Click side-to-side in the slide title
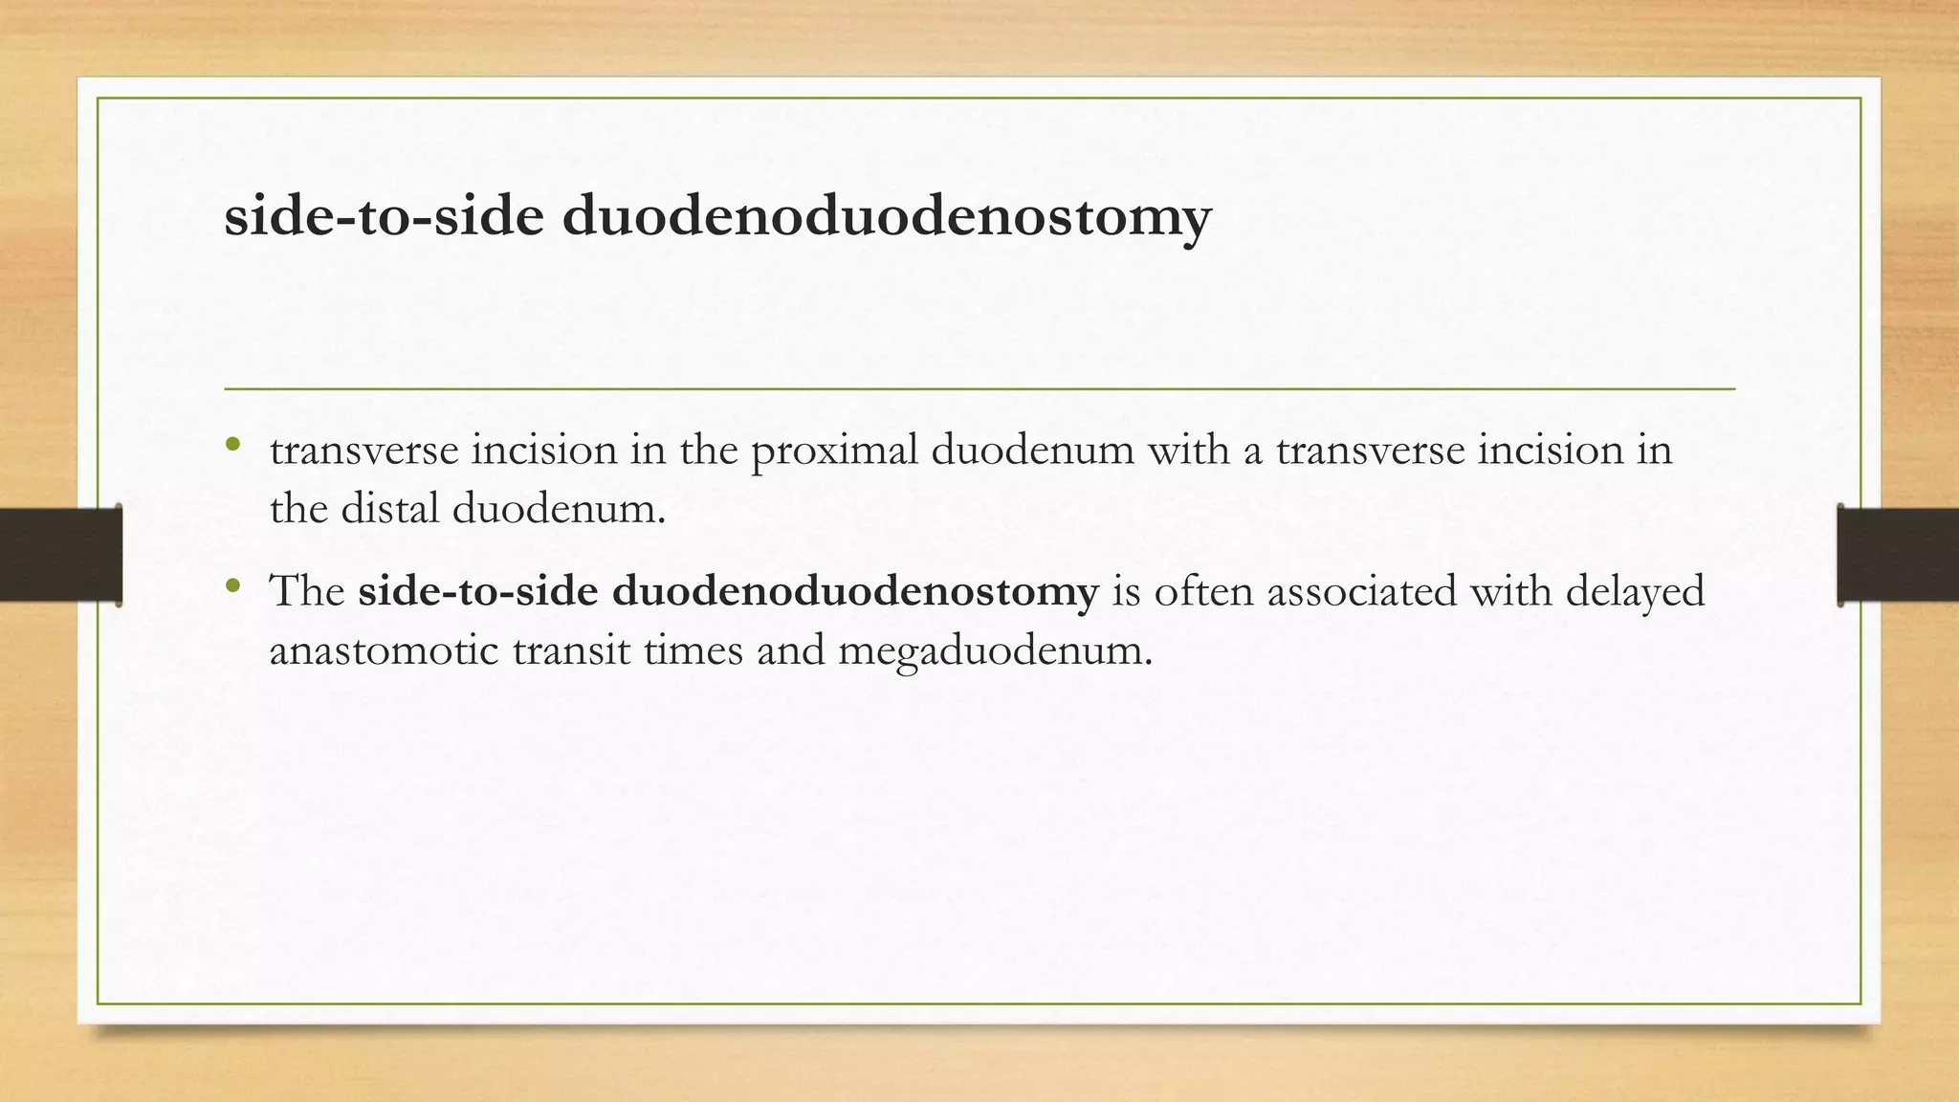pos(384,216)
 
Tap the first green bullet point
pos(232,444)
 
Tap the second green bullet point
pos(232,585)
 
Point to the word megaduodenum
pos(995,651)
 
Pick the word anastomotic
pos(384,651)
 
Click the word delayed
pos(1635,592)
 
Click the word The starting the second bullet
pos(307,592)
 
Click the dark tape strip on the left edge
pos(60,555)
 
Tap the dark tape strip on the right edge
pos(1898,555)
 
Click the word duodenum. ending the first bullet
pos(559,508)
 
